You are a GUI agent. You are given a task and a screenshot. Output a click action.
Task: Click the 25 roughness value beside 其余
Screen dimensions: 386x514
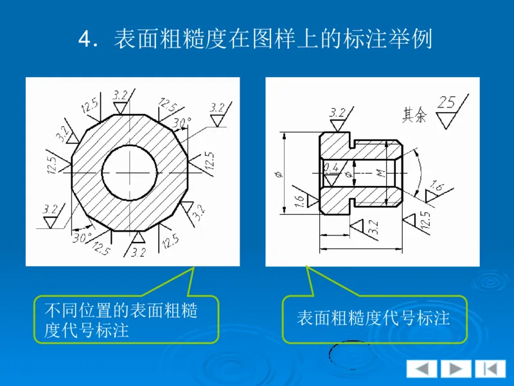point(448,102)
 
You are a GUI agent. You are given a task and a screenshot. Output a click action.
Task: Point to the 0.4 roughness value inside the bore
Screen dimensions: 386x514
point(332,168)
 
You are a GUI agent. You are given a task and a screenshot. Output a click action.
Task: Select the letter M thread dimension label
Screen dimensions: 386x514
point(380,173)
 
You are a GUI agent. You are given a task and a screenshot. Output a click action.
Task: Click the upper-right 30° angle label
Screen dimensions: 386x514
point(182,122)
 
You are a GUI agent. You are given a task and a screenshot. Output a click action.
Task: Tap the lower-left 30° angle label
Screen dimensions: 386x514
point(80,237)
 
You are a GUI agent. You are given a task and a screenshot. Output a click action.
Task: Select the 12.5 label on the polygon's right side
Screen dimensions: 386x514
point(209,162)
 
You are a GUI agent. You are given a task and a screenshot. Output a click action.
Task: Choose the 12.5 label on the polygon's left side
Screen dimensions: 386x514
point(52,163)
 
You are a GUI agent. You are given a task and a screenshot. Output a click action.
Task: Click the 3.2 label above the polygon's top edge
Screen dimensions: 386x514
point(120,95)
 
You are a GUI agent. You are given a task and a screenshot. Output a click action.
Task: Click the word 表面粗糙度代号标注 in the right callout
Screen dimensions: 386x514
point(373,318)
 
